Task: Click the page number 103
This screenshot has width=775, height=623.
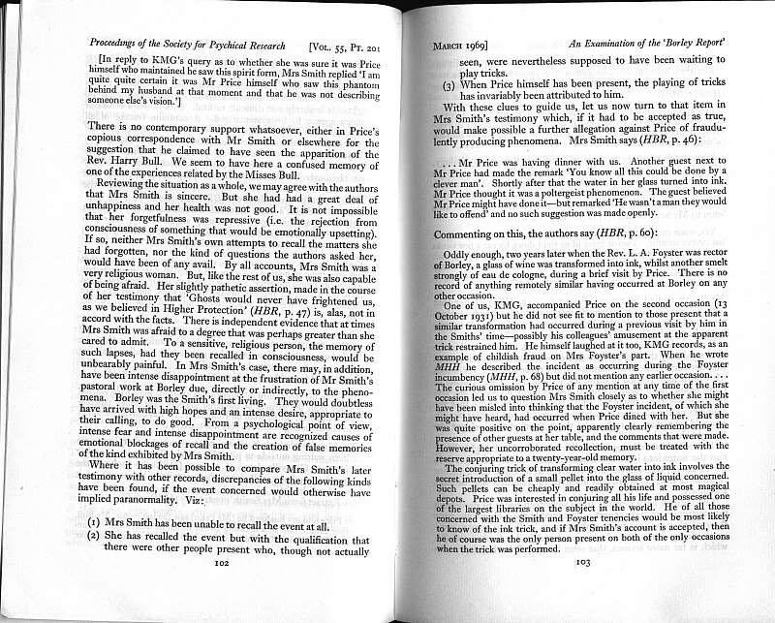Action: pyautogui.click(x=583, y=561)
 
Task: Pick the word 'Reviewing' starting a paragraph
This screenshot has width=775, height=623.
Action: pyautogui.click(x=129, y=182)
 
